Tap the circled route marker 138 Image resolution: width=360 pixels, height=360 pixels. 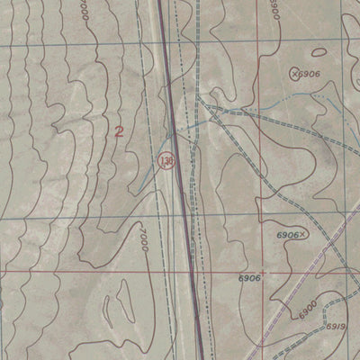click(x=165, y=161)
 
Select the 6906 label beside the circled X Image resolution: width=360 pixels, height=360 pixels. click(x=310, y=73)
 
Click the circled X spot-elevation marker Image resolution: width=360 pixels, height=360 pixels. click(x=293, y=72)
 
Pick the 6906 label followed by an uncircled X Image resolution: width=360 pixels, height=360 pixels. click(x=286, y=235)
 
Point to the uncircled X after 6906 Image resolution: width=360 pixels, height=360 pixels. click(x=303, y=234)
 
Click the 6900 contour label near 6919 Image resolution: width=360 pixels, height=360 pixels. click(x=307, y=310)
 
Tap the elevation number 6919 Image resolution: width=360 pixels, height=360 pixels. click(x=336, y=325)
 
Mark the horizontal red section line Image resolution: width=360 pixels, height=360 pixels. click(x=90, y=271)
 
